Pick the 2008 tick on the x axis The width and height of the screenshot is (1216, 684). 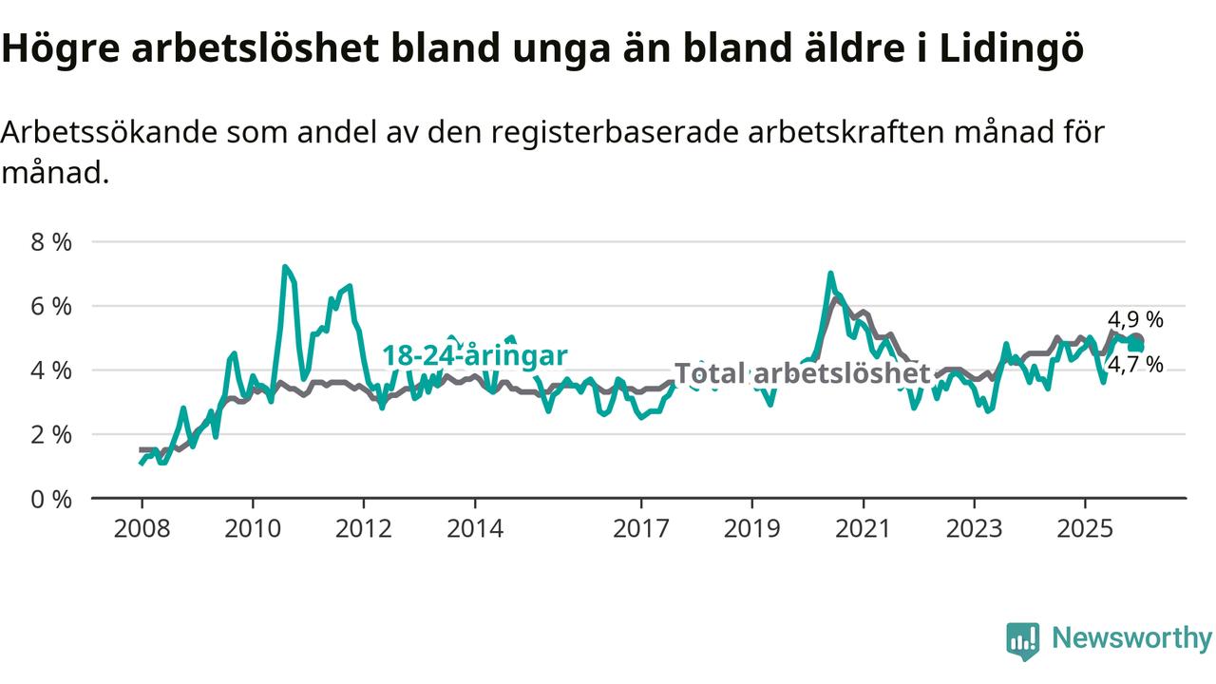142,528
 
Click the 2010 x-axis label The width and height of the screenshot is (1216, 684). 253,528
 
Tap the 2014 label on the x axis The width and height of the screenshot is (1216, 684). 475,528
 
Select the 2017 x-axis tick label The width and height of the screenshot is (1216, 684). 641,528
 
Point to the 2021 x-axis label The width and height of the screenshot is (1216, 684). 864,528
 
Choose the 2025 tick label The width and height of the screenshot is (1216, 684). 1086,528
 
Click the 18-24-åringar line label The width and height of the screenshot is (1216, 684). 475,355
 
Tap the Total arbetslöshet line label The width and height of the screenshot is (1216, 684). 802,374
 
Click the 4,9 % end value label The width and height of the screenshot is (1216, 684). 1135,320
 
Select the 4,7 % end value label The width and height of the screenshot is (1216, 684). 1135,364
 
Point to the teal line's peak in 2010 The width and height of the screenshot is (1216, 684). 285,267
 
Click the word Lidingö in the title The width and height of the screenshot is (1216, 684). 1011,50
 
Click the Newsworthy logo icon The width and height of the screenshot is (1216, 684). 1023,641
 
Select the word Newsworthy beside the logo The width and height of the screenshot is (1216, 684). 1131,638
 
